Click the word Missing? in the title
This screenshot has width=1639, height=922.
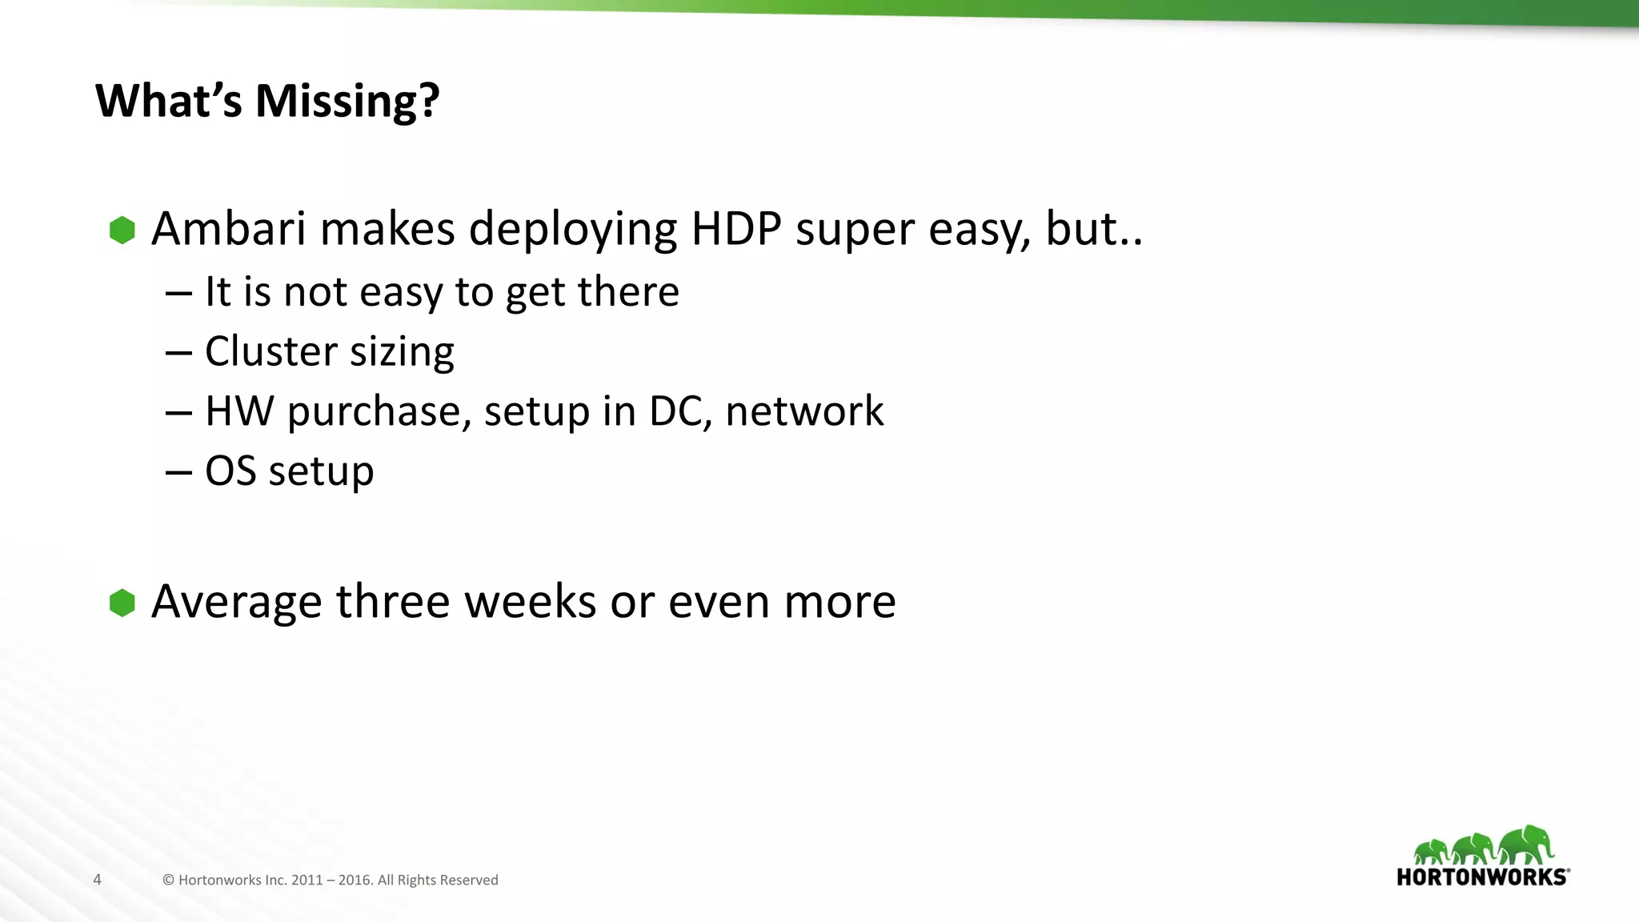click(347, 102)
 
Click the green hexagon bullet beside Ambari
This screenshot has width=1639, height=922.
click(122, 230)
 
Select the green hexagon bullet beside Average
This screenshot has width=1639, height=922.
click(122, 603)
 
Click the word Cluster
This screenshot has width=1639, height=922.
click(270, 351)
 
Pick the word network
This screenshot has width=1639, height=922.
click(804, 411)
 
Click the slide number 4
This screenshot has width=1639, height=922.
click(98, 880)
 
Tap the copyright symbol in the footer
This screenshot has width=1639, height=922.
click(168, 880)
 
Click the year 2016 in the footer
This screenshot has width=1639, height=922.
click(355, 880)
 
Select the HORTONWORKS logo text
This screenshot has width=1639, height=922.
click(1482, 877)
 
